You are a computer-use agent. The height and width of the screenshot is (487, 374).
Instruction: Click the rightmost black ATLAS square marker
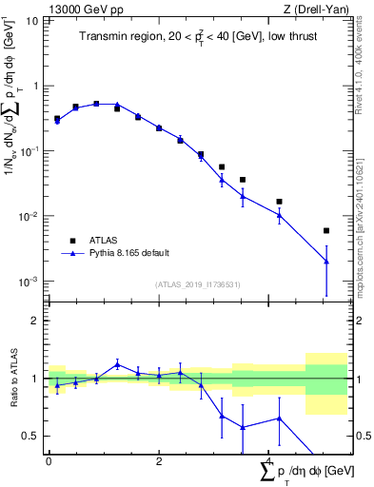(x=326, y=230)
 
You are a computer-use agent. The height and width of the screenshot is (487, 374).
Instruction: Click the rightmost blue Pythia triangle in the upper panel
(x=326, y=262)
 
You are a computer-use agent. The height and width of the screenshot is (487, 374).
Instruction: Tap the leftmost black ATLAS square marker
(x=57, y=119)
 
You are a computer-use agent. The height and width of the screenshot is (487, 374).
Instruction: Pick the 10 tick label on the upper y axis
(x=32, y=20)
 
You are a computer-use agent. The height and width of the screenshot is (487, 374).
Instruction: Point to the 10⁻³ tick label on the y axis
(x=29, y=282)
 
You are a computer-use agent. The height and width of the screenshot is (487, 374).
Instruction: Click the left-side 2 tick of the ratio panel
(x=35, y=321)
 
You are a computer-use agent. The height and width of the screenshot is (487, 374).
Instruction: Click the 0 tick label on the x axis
(x=49, y=460)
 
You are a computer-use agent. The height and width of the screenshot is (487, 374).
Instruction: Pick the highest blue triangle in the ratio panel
(x=117, y=364)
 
